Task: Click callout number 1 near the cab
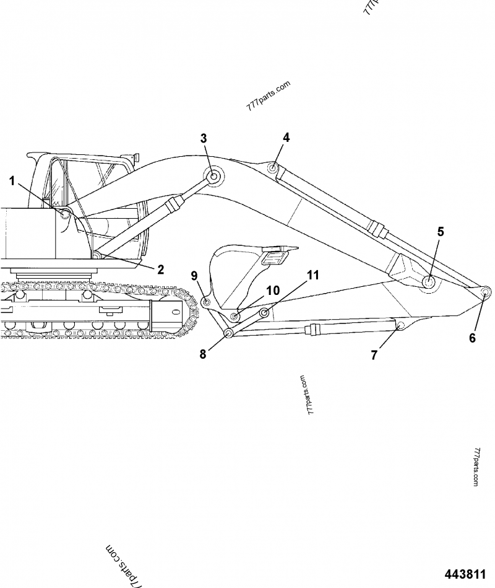coord(11,181)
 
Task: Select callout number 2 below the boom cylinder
coord(160,269)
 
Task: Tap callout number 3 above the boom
coord(204,138)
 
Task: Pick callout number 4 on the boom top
coord(286,138)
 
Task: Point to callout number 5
coord(440,232)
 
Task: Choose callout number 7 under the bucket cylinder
coord(374,355)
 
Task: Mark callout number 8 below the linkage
coord(202,355)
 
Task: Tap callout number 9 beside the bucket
coord(194,275)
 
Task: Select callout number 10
coord(272,290)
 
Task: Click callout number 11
coord(313,274)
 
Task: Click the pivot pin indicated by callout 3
coord(213,177)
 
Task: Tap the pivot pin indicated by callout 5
coord(428,281)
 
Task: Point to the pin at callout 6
coord(485,292)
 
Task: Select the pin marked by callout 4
coord(272,167)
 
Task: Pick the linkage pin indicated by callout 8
coord(228,334)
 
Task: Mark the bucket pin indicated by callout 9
coord(206,302)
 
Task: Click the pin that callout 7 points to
coord(400,325)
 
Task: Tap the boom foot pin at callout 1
coord(65,213)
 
